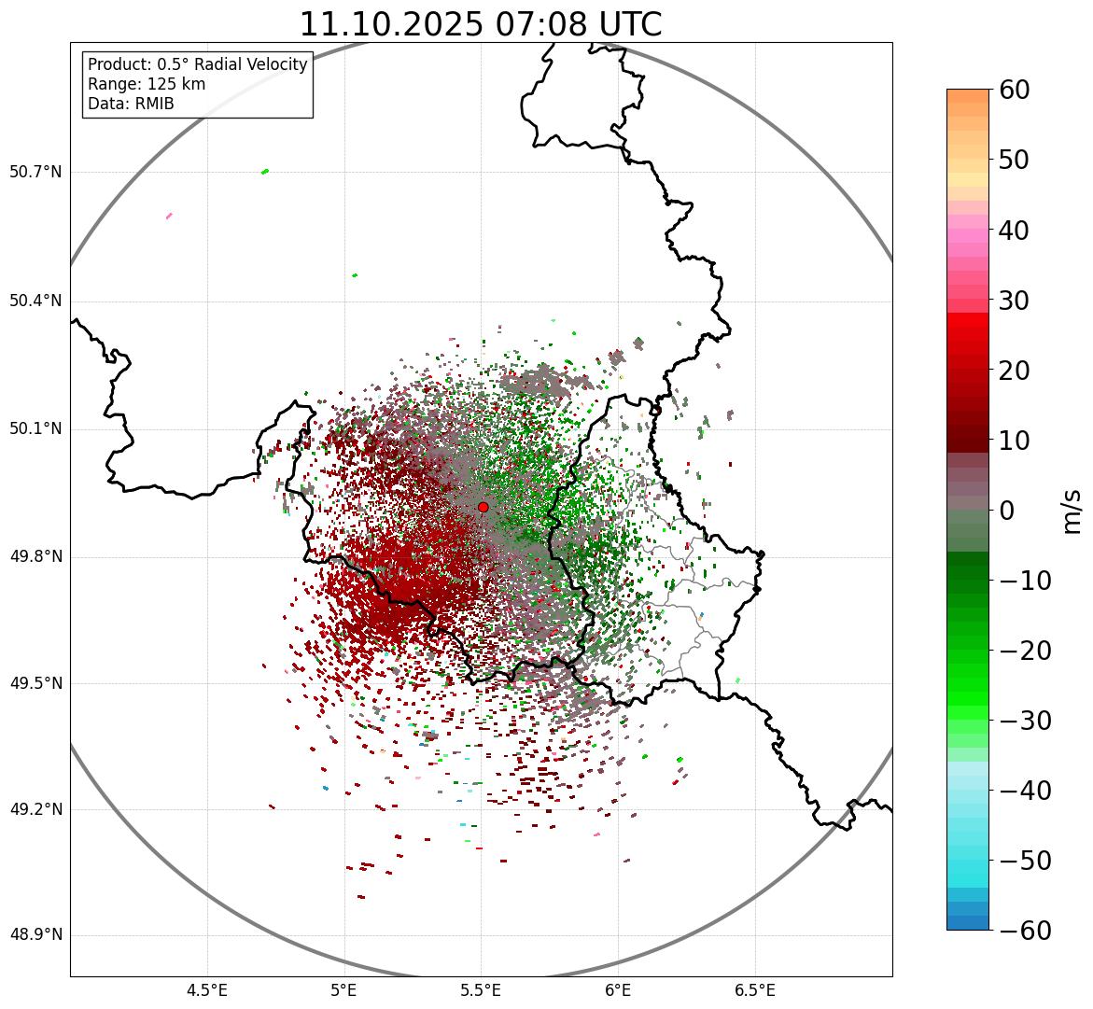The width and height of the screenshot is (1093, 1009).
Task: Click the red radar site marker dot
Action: pyautogui.click(x=483, y=507)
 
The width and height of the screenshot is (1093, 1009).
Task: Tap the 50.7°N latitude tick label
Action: pyautogui.click(x=35, y=172)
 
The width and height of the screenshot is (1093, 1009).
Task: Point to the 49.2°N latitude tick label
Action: pyautogui.click(x=35, y=809)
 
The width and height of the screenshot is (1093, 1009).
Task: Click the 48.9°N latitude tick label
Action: pyautogui.click(x=35, y=935)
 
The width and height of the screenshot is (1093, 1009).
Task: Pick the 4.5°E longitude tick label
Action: pyautogui.click(x=207, y=990)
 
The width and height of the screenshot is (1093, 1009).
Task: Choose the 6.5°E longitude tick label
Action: pyautogui.click(x=754, y=990)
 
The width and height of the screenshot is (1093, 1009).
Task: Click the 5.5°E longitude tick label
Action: pyautogui.click(x=481, y=990)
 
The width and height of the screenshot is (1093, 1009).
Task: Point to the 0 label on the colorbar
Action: pyautogui.click(x=1007, y=511)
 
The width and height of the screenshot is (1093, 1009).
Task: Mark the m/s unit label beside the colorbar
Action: pyautogui.click(x=1072, y=511)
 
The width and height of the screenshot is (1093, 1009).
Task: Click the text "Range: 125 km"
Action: pyautogui.click(x=147, y=84)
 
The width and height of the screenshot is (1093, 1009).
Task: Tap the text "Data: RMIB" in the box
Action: pyautogui.click(x=131, y=104)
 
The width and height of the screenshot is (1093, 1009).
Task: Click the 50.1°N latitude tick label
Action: pyautogui.click(x=35, y=429)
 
